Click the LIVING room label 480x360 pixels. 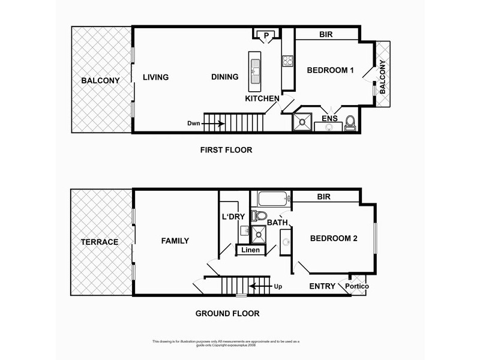155,77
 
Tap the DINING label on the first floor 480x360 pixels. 225,77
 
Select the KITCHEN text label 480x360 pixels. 261,98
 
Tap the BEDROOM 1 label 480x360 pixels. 330,71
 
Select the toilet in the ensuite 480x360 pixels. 351,124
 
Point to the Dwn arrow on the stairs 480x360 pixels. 214,124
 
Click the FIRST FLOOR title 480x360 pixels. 226,150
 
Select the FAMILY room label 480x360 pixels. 175,241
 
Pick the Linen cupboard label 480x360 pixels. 251,250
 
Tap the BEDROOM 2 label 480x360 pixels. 334,239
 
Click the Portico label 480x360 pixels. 358,286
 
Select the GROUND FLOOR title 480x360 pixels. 227,313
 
